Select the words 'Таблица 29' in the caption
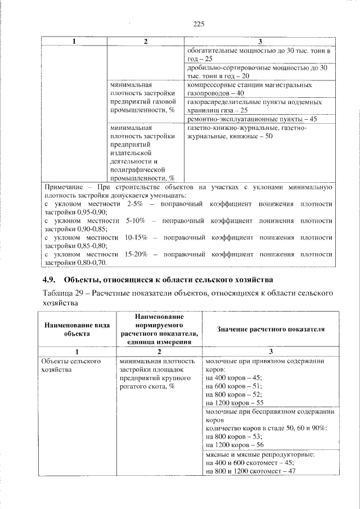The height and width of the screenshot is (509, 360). pyautogui.click(x=64, y=293)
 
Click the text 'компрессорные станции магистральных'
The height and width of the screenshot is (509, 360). pyautogui.click(x=249, y=85)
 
